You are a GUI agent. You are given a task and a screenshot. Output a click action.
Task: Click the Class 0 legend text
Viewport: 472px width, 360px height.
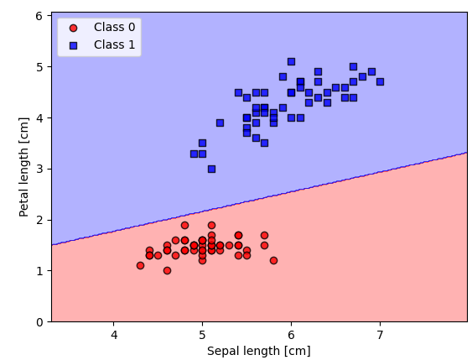point(114,27)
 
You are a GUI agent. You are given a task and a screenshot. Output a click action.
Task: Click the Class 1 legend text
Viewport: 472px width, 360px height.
point(114,44)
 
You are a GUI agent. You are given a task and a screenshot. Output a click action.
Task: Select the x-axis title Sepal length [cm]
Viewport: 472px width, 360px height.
point(258,351)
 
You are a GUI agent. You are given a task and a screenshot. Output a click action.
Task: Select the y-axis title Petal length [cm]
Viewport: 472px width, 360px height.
point(23,168)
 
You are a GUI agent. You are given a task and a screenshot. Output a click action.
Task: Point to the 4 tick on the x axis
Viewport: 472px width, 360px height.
point(113,337)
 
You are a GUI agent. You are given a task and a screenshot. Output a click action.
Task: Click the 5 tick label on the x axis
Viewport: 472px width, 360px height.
point(202,337)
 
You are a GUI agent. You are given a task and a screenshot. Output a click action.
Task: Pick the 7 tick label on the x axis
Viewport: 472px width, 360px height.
point(380,337)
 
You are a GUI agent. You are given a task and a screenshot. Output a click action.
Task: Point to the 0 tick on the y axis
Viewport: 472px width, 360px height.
point(39,321)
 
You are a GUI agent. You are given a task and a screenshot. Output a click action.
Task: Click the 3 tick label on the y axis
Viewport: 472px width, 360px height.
point(39,169)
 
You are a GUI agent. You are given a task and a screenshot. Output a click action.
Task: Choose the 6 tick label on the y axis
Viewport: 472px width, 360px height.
point(39,16)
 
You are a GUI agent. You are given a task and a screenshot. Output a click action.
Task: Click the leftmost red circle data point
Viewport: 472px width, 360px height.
point(140,265)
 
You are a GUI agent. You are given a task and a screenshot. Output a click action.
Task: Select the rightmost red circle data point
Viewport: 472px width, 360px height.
point(273,260)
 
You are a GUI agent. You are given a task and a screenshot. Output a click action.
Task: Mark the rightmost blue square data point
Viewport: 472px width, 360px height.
point(380,81)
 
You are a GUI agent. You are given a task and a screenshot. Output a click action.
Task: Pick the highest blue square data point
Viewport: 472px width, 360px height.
point(291,61)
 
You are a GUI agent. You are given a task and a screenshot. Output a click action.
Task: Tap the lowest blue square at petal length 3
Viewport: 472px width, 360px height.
point(211,169)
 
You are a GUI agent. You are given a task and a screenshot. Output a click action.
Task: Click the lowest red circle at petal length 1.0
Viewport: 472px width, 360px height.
point(167,270)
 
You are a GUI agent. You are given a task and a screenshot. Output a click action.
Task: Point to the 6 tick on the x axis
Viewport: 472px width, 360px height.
point(291,337)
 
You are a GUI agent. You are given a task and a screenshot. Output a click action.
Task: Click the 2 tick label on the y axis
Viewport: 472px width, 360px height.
point(39,220)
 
